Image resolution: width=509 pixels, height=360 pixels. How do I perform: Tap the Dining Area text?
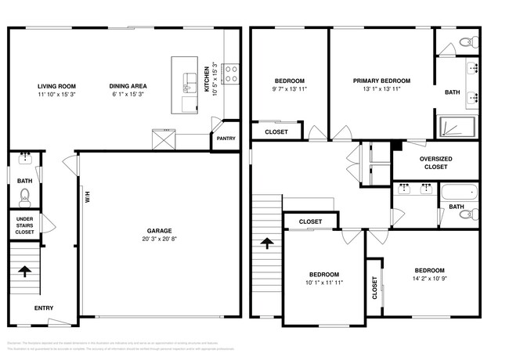click(128, 86)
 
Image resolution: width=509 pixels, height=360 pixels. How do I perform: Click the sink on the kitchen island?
click(190, 77)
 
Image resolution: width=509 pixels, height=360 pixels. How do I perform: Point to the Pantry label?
click(226, 139)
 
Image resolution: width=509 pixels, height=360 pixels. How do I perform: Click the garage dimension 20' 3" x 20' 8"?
click(160, 239)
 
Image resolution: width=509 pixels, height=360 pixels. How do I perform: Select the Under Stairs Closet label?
click(24, 225)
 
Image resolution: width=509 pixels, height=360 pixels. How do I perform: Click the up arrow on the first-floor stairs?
click(24, 272)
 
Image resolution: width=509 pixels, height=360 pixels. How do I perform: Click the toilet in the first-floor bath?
click(24, 195)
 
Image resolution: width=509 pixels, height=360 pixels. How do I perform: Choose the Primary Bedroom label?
click(381, 81)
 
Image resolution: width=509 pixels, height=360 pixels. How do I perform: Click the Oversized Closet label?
click(435, 162)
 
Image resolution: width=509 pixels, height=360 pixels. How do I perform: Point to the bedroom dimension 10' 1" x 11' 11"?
click(323, 283)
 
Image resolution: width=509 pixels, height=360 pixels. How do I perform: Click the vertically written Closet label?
click(375, 288)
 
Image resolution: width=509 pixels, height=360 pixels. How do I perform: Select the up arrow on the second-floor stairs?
click(266, 243)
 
